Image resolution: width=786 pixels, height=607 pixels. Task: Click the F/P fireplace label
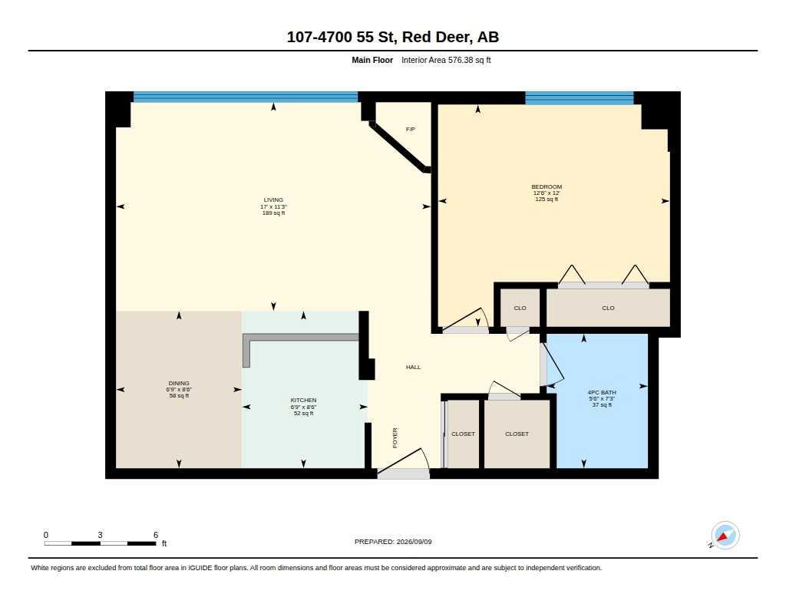(411, 130)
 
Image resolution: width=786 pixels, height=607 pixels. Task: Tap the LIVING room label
(274, 200)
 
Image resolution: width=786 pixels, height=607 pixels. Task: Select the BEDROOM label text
(547, 187)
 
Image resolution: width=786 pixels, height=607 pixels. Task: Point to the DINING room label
(179, 384)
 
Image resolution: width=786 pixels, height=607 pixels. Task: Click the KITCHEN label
(303, 400)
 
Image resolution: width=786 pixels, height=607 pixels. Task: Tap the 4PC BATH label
(602, 392)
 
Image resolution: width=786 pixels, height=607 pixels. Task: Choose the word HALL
(414, 368)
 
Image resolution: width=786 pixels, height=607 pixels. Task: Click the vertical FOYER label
(395, 437)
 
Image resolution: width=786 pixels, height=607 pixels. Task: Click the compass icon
(725, 536)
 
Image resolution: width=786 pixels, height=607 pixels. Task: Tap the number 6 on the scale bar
(156, 535)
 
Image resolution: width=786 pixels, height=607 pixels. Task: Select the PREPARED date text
(393, 542)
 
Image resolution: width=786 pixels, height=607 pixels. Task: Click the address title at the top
(393, 37)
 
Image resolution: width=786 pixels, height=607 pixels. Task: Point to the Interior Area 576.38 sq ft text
(446, 60)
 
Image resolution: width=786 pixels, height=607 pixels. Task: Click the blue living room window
(246, 97)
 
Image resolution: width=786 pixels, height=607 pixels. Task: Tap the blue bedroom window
(580, 97)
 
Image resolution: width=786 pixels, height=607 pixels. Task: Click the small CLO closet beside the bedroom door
(520, 308)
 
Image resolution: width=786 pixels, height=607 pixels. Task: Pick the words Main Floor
(372, 60)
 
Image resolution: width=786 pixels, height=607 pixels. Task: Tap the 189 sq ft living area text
(274, 213)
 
